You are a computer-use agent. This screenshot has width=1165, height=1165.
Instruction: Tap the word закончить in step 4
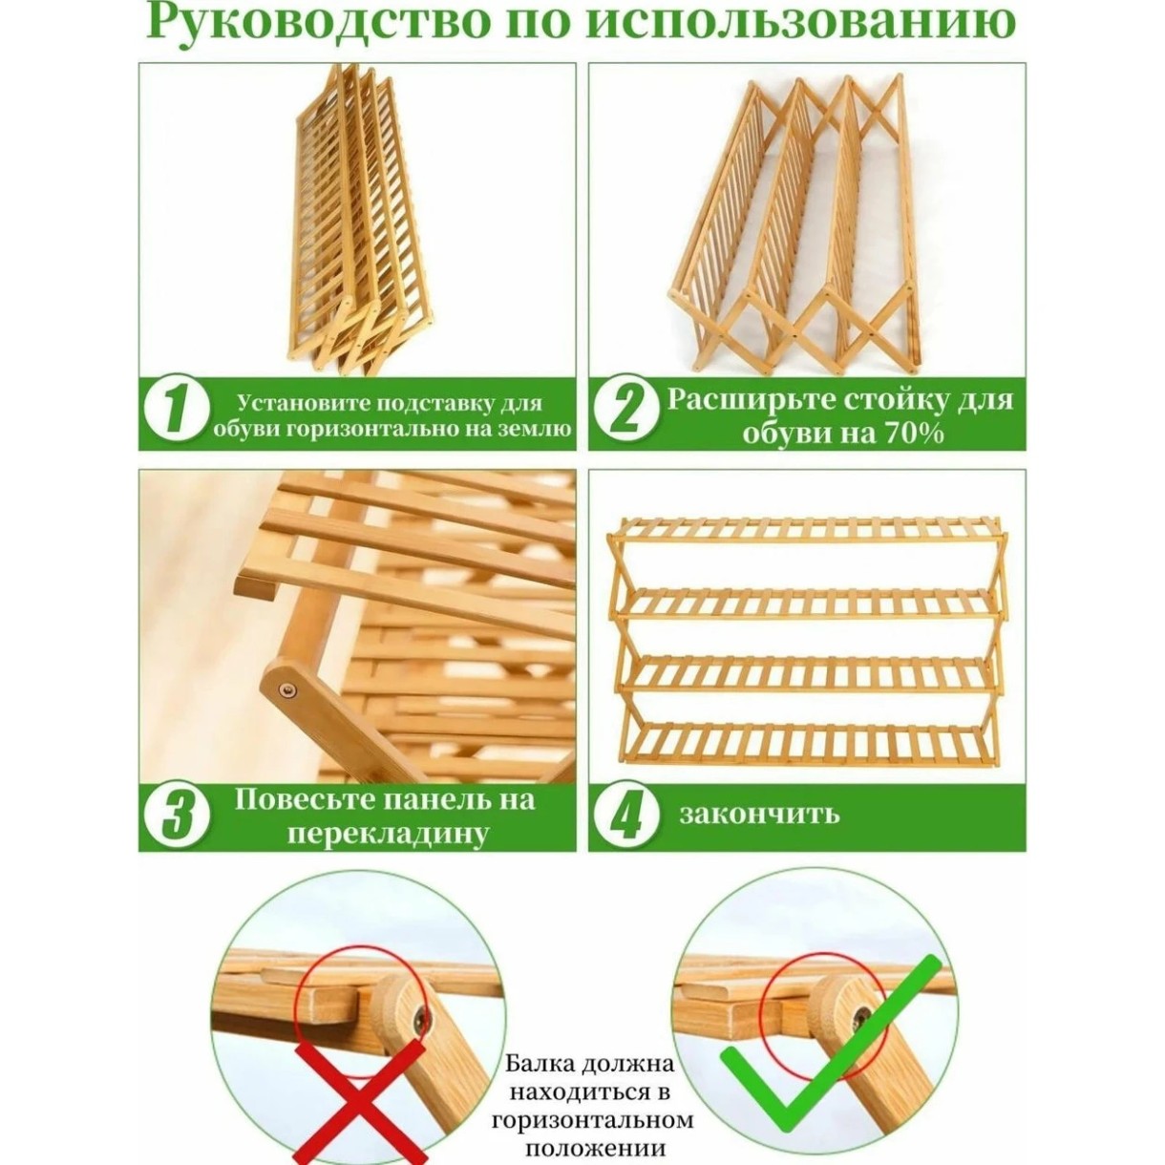(x=759, y=814)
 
